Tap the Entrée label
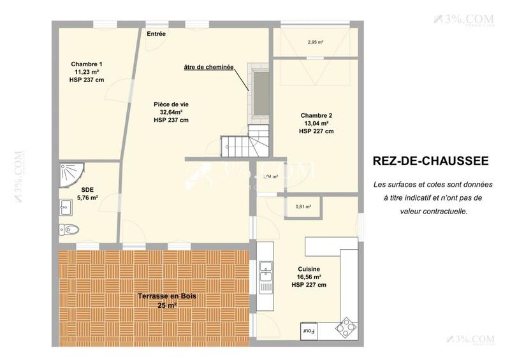pos(156,34)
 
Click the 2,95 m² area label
pos(315,43)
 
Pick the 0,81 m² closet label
pos(303,206)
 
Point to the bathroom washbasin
pos(66,206)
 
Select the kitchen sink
pos(265,276)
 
